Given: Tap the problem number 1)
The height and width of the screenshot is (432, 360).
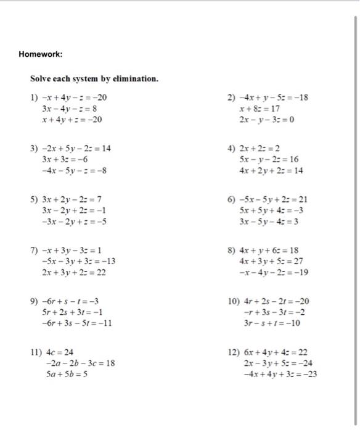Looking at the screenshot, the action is tap(35, 98).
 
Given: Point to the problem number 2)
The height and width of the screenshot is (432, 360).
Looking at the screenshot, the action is tap(232, 98).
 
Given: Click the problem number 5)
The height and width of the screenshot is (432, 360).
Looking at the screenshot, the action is tap(35, 199).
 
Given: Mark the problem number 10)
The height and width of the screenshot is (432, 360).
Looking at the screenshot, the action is tap(234, 302).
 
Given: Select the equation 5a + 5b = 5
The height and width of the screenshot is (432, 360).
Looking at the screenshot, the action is tap(67, 374).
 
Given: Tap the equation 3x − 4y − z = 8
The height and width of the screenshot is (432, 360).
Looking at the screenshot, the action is tap(71, 108).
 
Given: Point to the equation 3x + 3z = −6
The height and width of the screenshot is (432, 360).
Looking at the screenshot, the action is tap(67, 159).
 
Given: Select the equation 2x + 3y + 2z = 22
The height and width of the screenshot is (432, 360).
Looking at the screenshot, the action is tap(75, 272).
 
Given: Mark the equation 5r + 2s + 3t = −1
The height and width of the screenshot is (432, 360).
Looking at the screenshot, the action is tap(72, 312).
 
